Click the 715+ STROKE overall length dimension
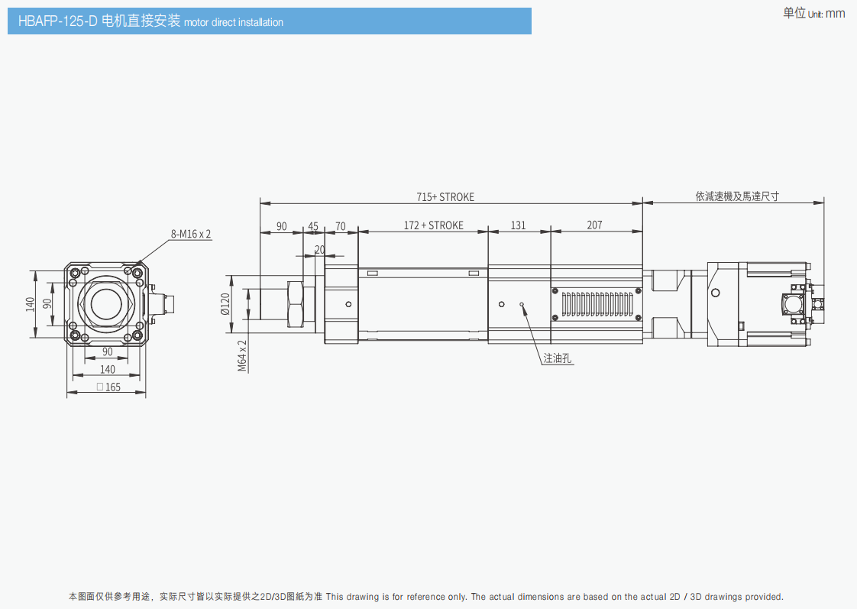coord(445,197)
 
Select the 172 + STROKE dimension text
coord(433,225)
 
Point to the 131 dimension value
coord(519,225)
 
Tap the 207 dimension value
coord(594,225)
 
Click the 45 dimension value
coord(313,226)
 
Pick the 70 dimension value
coord(341,226)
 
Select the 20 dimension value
coord(319,249)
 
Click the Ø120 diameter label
coord(225,304)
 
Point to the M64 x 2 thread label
coord(242,355)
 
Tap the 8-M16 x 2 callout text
coord(191,234)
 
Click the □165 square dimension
coord(108,387)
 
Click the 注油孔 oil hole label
coord(558,358)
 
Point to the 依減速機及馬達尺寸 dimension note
coord(736,196)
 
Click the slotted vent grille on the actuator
coord(596,304)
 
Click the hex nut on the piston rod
coord(296,304)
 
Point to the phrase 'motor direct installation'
coord(234,22)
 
